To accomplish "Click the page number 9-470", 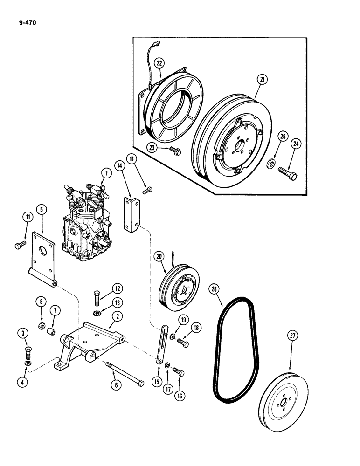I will coord(21,20).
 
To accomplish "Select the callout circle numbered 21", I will coord(262,80).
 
